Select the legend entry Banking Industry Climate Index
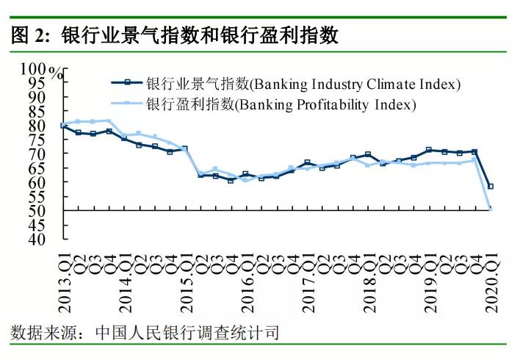pos(303,84)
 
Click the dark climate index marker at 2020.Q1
pos(491,186)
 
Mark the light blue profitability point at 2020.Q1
pos(491,209)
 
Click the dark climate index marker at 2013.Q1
pos(63,126)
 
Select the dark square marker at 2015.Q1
pos(184,148)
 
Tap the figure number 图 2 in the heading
pos(29,35)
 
